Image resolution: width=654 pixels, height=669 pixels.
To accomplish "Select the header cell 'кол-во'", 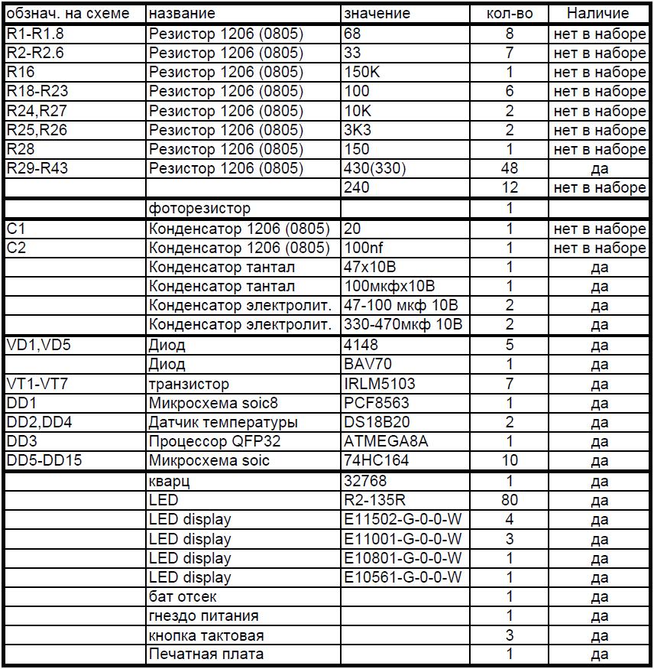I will click(x=510, y=13).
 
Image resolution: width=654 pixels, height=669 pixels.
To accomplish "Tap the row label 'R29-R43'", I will click(x=37, y=168).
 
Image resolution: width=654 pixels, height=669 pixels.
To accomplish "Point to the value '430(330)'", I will click(x=375, y=168).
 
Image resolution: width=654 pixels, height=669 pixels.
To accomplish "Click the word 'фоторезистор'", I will click(x=199, y=208).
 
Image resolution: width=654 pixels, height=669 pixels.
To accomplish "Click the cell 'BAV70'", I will click(x=368, y=365).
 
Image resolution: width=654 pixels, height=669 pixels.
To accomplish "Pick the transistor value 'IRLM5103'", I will click(x=380, y=384).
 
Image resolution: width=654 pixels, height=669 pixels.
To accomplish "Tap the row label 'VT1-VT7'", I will click(x=37, y=384).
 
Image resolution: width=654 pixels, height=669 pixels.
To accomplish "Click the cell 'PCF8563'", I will click(x=376, y=403).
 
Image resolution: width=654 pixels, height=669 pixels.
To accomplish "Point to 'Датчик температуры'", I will click(x=223, y=422).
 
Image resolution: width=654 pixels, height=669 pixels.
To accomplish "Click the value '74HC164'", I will click(x=377, y=460).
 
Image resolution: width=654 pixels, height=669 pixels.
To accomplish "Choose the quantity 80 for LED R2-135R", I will click(x=510, y=500).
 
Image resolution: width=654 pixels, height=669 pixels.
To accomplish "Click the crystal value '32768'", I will click(x=365, y=481).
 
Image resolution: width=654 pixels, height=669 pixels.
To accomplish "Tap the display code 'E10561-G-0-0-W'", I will click(x=403, y=577).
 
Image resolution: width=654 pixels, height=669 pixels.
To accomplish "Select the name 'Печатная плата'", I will click(x=206, y=654).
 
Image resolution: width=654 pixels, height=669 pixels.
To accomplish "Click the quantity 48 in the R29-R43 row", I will click(x=510, y=168).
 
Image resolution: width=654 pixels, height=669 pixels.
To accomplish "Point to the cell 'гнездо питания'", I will click(x=203, y=615).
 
